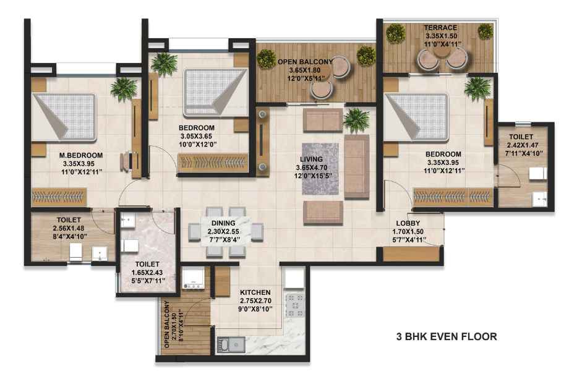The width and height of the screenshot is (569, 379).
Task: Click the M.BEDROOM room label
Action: pyautogui.click(x=81, y=155)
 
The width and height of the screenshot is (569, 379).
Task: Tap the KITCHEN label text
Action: pyautogui.click(x=255, y=292)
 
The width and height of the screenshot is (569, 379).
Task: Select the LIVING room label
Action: pyautogui.click(x=311, y=159)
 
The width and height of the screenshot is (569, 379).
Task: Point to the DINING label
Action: pyautogui.click(x=223, y=223)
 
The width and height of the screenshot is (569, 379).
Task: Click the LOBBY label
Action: pyautogui.click(x=408, y=223)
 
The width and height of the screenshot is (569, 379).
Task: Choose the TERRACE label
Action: pyautogui.click(x=440, y=28)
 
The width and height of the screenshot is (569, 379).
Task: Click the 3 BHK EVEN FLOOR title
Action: pyautogui.click(x=447, y=336)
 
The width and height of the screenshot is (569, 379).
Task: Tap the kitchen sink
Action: pyautogui.click(x=231, y=344)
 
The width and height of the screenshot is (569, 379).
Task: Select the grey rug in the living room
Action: pyautogui.click(x=320, y=169)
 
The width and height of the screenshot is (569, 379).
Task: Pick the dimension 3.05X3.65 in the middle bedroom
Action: pyautogui.click(x=196, y=137)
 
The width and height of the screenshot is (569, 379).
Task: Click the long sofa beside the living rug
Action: pyautogui.click(x=357, y=167)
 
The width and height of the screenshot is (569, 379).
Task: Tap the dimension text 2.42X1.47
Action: pyautogui.click(x=521, y=145)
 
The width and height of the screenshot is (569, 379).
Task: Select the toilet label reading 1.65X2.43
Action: pyautogui.click(x=147, y=273)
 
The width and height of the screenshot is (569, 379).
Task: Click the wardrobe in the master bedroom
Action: pyautogui.click(x=59, y=197)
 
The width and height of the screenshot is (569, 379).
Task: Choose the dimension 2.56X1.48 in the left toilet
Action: pyautogui.click(x=69, y=228)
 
